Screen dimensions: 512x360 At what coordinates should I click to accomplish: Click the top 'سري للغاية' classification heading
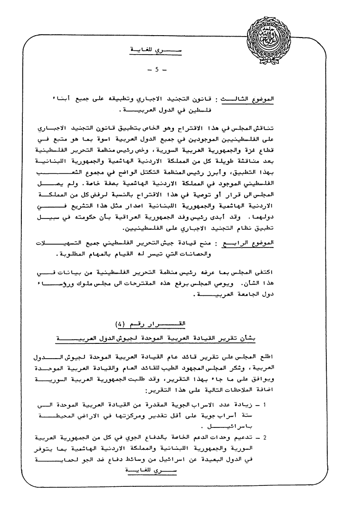click(x=157, y=49)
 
